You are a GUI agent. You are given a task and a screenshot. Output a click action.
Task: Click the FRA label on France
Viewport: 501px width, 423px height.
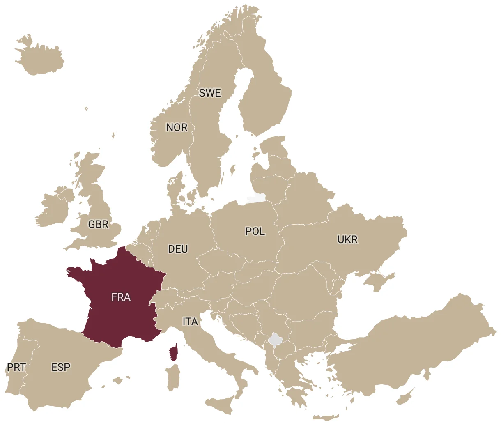pos(121,297)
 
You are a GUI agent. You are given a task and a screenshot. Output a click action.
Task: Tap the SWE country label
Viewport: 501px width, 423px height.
pos(210,93)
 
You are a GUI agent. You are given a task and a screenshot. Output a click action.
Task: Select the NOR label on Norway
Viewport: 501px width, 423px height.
pos(177,128)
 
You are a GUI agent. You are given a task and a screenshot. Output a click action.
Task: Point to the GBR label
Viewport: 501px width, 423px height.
pos(99,224)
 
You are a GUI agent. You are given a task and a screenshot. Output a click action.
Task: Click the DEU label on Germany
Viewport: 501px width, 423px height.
pos(178,249)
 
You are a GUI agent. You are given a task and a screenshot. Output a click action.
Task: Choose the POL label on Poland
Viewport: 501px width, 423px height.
pos(255,232)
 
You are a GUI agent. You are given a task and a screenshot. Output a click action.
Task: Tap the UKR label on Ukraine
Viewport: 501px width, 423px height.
pos(347,239)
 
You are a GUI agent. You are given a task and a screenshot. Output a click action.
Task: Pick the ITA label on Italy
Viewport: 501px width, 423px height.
pos(190,322)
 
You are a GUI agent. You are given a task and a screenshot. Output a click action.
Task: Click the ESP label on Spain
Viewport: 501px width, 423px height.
pos(61,367)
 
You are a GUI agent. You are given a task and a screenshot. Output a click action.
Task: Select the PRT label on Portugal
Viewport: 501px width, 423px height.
pos(16,367)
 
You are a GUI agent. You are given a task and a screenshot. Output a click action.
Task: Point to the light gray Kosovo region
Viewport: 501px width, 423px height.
pos(275,340)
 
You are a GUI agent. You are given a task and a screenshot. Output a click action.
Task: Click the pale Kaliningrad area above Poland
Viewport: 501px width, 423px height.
pos(255,199)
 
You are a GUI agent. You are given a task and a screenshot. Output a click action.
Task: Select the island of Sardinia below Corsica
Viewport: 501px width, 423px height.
pos(173,377)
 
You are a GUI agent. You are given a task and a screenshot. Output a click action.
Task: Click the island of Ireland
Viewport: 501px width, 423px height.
pos(53,207)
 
